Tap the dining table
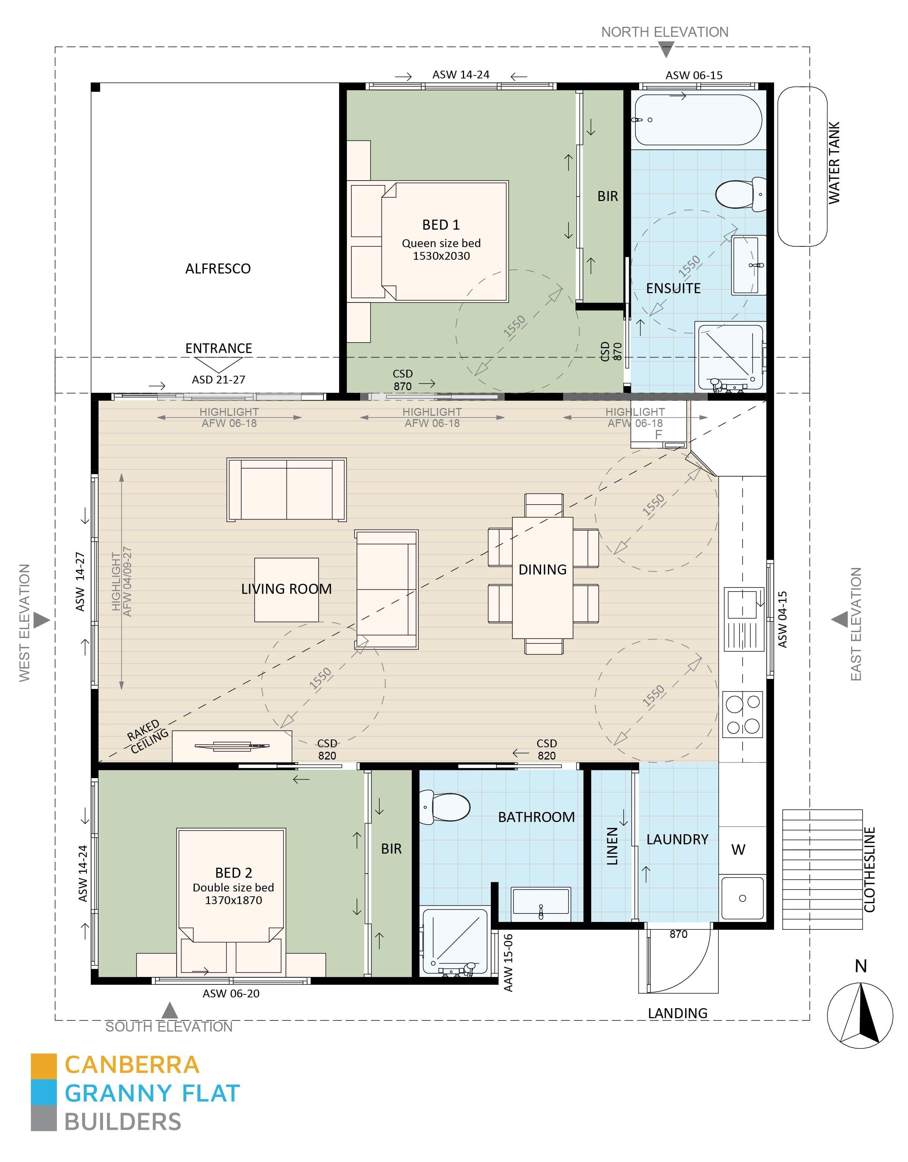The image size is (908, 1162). click(542, 577)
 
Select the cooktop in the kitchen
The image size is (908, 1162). click(743, 714)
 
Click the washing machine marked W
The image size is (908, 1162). click(738, 850)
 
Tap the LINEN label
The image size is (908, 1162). click(612, 847)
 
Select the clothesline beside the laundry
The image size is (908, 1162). click(822, 870)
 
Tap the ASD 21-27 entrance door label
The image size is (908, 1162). click(218, 380)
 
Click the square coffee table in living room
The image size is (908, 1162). click(286, 589)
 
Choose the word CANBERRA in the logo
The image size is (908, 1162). click(132, 1065)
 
